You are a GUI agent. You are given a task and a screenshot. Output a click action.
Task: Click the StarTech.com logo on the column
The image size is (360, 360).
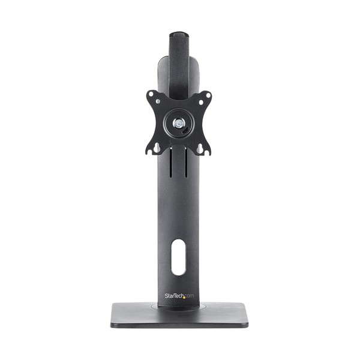(179, 296)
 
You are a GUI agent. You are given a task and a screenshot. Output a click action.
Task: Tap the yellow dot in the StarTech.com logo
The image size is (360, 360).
(184, 298)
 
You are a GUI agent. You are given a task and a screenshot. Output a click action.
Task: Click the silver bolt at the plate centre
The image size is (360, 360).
(178, 122)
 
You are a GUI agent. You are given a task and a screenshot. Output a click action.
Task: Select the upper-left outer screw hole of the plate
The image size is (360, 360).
(151, 94)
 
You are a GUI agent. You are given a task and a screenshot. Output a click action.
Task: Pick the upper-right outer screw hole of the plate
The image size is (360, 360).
(208, 94)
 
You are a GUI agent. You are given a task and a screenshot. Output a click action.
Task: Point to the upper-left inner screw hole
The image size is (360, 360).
(158, 101)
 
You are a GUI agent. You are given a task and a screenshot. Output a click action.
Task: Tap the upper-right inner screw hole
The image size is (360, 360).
(201, 101)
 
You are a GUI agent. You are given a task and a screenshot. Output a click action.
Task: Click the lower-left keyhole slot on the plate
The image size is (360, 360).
(158, 148)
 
